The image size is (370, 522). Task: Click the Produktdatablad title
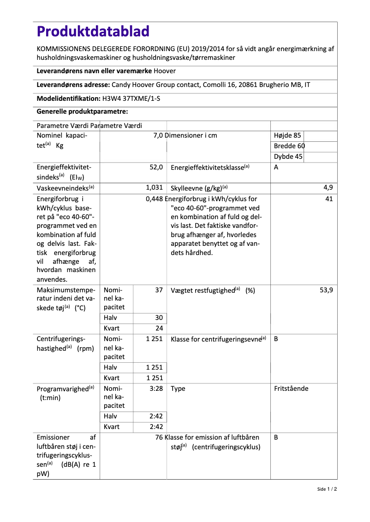click(93, 31)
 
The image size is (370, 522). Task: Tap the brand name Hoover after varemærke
click(165, 71)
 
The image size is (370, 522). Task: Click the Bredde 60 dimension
click(289, 146)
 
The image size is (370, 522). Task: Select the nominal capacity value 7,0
click(158, 135)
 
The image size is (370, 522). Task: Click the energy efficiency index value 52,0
click(156, 168)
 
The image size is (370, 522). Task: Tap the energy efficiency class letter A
click(276, 168)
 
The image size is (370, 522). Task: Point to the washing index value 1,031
click(154, 188)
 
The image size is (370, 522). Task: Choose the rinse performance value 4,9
click(328, 188)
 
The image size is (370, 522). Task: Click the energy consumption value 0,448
click(154, 199)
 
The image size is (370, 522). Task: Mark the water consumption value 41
click(329, 199)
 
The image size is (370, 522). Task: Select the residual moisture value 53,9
click(326, 290)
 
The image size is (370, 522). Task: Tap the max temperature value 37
click(159, 290)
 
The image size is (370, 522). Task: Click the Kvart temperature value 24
click(159, 328)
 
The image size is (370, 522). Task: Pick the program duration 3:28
click(156, 389)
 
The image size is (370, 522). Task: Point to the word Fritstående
click(291, 389)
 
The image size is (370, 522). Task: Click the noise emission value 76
click(159, 437)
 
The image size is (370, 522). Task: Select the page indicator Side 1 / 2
click(327, 489)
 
